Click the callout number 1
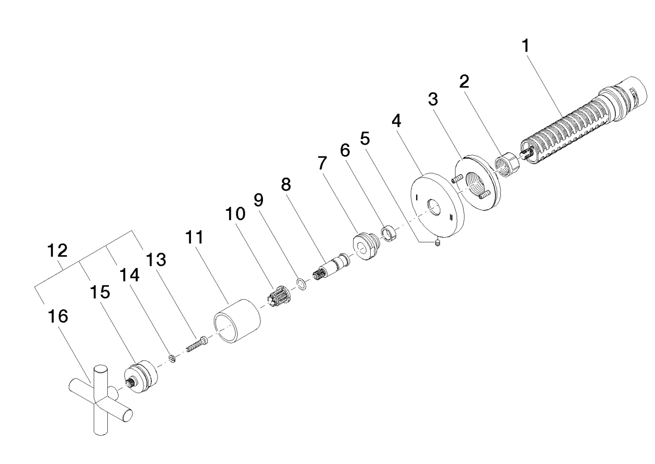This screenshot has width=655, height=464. pos(526,46)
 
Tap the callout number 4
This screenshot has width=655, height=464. pos(396,121)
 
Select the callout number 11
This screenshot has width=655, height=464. pos(194,237)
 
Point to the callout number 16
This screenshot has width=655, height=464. pos(58,317)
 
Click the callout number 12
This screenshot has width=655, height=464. pos(57,251)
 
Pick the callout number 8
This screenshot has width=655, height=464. pos(286,185)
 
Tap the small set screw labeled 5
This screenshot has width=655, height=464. pos(438,242)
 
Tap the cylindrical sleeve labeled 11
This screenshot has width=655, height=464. pos(237,321)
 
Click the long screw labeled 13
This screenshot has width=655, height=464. pos(197,344)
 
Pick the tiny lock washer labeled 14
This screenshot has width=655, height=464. pos(172,359)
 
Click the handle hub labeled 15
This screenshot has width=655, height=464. pos(141,377)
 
